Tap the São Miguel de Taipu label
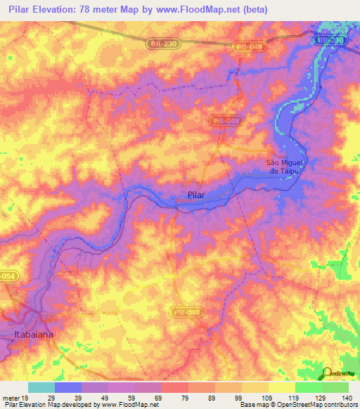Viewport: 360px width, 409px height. pyautogui.click(x=285, y=165)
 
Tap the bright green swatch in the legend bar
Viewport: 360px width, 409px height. pyautogui.click(x=308, y=387)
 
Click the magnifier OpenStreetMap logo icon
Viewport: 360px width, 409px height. pyautogui.click(x=327, y=373)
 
